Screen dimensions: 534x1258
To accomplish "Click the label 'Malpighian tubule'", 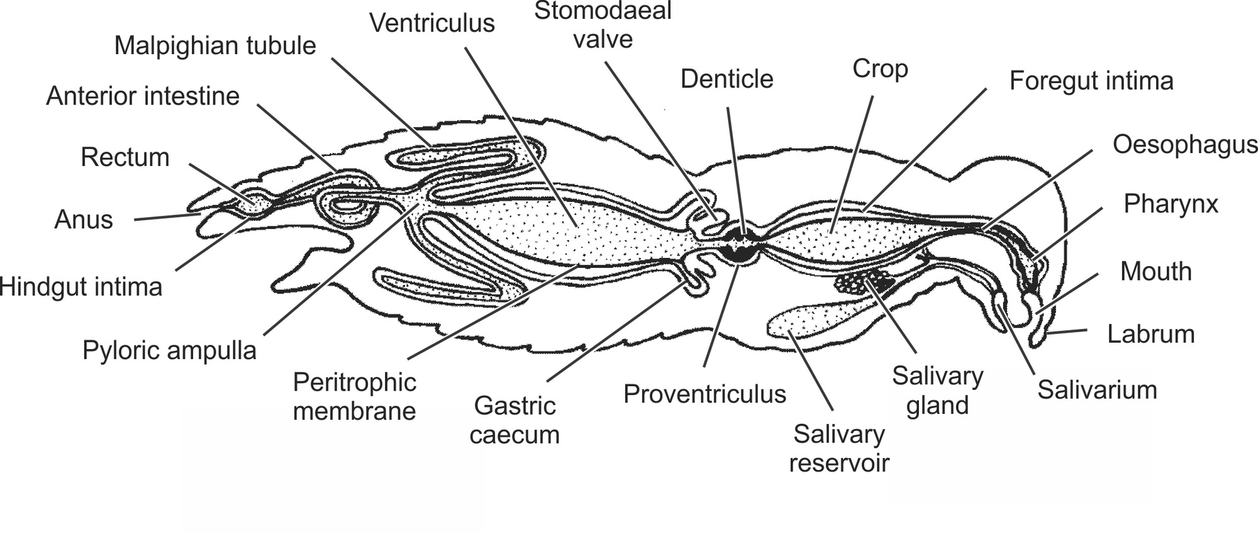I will click(214, 46).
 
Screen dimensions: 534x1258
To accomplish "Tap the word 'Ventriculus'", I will click(432, 23).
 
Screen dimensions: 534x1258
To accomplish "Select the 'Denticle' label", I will click(726, 79).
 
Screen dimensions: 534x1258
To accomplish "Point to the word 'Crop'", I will click(880, 69).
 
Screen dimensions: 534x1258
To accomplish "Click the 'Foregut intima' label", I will click(1091, 81).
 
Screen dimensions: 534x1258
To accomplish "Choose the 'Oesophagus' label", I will click(1185, 145).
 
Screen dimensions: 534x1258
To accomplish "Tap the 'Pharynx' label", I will click(1171, 204).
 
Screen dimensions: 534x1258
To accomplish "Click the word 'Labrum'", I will click(1150, 334).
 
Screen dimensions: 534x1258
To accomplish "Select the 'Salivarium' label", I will click(1097, 390).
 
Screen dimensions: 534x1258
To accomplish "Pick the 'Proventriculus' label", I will click(704, 394).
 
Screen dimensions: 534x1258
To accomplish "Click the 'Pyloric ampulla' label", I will click(169, 350).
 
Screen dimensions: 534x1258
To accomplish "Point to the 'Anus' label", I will click(84, 220).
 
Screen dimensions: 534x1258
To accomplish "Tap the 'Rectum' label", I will click(125, 157).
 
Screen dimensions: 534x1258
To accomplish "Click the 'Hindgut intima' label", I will click(81, 287).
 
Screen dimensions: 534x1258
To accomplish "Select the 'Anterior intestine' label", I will click(143, 96).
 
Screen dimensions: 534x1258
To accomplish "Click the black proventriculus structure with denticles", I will click(742, 245).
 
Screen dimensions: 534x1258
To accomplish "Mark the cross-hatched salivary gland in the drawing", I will click(863, 281).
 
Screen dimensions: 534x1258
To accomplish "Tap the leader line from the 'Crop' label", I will click(853, 164).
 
